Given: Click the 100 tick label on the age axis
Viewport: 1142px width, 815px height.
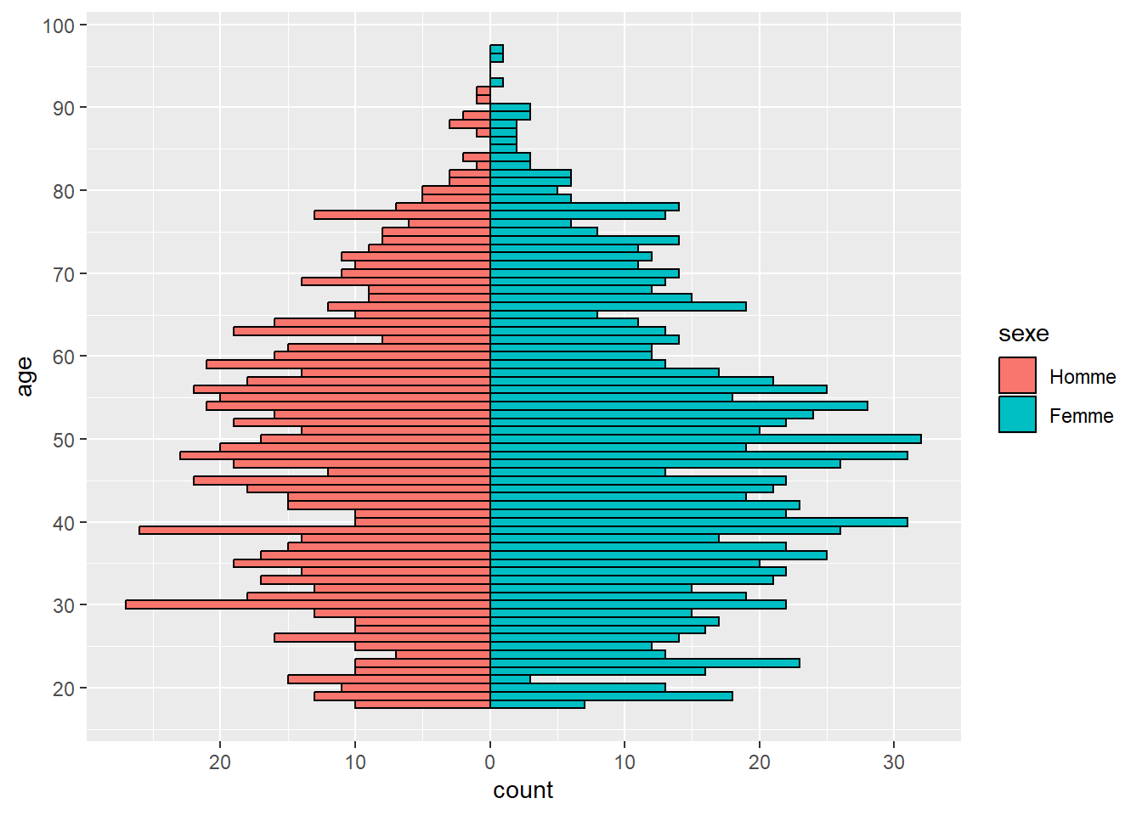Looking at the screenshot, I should coord(59,25).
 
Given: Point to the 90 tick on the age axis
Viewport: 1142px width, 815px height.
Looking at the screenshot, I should coord(64,108).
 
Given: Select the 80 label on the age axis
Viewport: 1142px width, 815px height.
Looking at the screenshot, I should coord(64,191).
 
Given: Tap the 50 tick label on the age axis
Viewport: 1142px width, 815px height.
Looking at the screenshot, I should coord(64,440).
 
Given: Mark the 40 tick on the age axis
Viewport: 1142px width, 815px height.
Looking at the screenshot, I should coord(64,523).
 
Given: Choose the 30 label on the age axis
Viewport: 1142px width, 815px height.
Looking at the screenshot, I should coord(64,605).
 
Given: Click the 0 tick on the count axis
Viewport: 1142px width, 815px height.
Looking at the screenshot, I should coord(490,762).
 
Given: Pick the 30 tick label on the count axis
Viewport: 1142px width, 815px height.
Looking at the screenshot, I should coord(894,762).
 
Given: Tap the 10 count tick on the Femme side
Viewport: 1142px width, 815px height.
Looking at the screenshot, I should coord(625,762).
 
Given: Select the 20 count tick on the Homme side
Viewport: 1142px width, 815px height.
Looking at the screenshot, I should coord(220,762).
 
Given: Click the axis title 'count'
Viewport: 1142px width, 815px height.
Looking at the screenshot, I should coord(523,790).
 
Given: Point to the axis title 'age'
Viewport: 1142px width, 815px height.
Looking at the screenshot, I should coord(25,376).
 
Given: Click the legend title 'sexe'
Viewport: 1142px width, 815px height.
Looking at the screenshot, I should coord(1023,334).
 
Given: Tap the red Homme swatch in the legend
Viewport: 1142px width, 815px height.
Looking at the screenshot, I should coord(1017,375).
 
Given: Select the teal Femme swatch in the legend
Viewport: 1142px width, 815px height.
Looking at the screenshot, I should coord(1017,414).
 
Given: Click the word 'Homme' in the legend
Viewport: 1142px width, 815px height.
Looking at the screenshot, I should coord(1083,377).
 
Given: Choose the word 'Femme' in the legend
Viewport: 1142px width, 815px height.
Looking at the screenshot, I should coord(1081,416).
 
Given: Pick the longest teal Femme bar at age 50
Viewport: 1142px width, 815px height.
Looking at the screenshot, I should coord(705,439).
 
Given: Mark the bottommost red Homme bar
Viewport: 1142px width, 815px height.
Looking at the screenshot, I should coord(422,704).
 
